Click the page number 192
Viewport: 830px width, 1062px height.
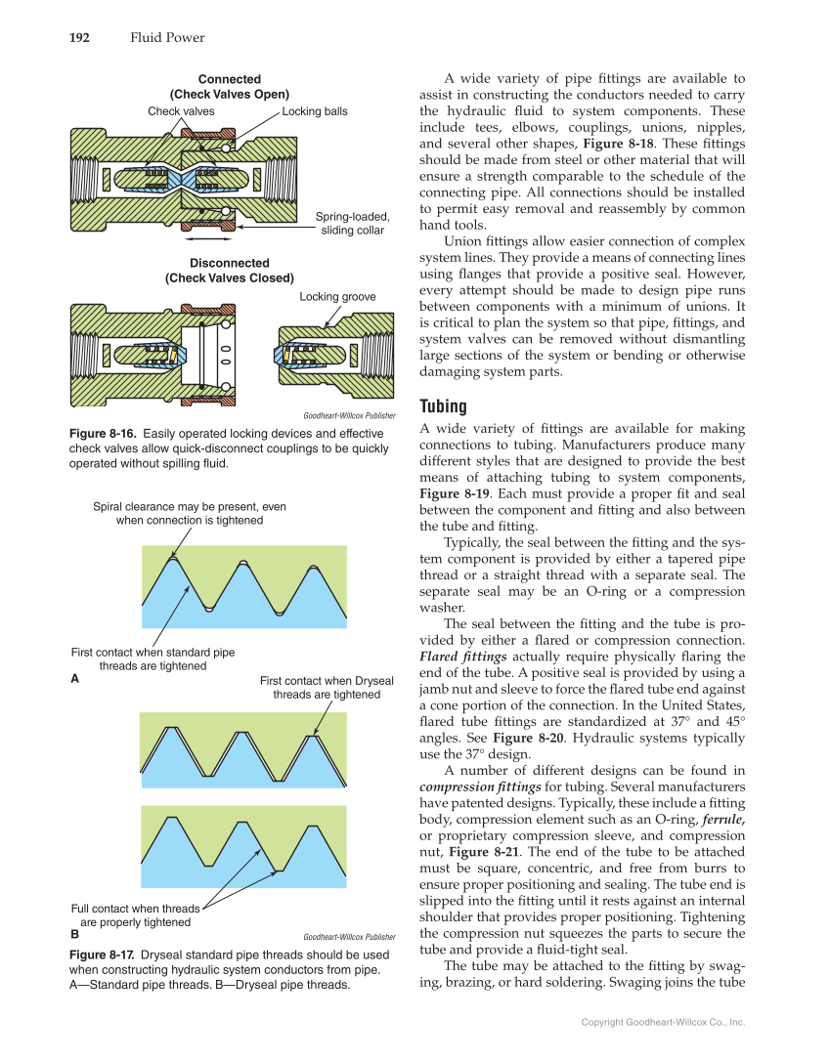coord(79,38)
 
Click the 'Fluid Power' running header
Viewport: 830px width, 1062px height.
coord(167,38)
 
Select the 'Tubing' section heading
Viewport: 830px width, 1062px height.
coord(443,405)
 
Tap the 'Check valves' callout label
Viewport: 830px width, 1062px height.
coord(181,111)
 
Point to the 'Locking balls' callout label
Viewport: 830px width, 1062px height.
coord(315,111)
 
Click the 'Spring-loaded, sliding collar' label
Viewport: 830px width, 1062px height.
coord(353,223)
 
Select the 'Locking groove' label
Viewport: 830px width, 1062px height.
coord(337,296)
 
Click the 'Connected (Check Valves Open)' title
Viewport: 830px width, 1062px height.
coord(230,87)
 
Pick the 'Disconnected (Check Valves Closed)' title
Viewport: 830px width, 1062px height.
coord(230,271)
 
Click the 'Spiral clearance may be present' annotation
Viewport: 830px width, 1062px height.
coord(190,514)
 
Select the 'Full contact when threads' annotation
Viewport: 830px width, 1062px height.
coord(135,914)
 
